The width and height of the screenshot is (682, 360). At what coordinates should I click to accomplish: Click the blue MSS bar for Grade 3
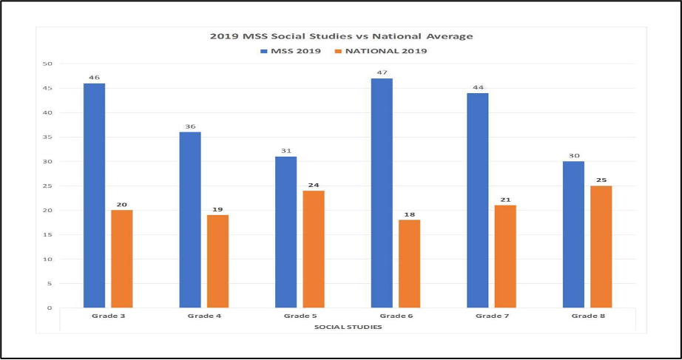tap(94, 195)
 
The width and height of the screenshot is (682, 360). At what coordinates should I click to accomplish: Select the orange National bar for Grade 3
tap(122, 259)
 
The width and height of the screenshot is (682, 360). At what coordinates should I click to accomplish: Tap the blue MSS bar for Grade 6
tap(382, 193)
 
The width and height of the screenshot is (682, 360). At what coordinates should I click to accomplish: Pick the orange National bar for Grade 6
tap(409, 263)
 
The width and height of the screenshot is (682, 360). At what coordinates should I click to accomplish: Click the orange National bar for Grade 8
tap(601, 246)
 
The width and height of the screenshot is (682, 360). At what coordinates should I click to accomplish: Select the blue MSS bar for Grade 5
tap(286, 232)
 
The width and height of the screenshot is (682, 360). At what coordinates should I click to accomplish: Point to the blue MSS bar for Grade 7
tap(477, 200)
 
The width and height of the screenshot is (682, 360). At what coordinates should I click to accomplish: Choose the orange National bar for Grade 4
tap(217, 261)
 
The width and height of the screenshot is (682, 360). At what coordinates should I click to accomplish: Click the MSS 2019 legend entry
tap(290, 51)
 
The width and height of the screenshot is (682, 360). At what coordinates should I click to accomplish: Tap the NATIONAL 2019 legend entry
tap(381, 51)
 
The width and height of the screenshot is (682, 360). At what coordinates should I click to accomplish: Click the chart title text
tap(341, 35)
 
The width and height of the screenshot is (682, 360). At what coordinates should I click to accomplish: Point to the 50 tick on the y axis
tap(48, 64)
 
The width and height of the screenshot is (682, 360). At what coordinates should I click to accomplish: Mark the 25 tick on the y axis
tap(48, 186)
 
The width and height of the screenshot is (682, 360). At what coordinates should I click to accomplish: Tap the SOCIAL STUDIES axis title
tap(348, 326)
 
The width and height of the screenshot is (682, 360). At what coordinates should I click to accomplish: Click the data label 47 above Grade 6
tap(382, 72)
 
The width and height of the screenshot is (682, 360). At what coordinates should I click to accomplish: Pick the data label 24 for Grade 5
tap(314, 185)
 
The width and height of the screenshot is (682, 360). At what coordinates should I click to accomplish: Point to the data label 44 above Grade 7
tap(477, 87)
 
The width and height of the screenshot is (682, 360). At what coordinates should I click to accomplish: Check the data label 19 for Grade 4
tap(217, 209)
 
